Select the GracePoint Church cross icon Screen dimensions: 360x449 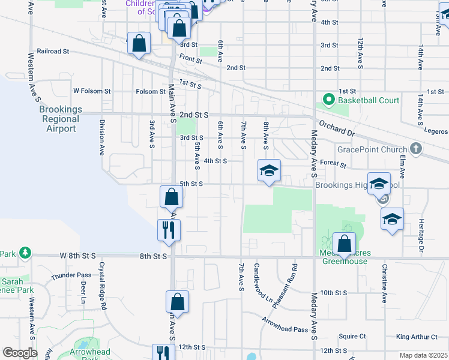[416, 149]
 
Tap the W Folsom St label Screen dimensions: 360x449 [92, 91]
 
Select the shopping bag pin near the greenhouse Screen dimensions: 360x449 [345, 244]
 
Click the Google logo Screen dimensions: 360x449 [20, 353]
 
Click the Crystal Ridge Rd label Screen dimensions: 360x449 [103, 286]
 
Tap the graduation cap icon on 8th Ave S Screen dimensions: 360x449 [269, 170]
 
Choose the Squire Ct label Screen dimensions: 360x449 [352, 337]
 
